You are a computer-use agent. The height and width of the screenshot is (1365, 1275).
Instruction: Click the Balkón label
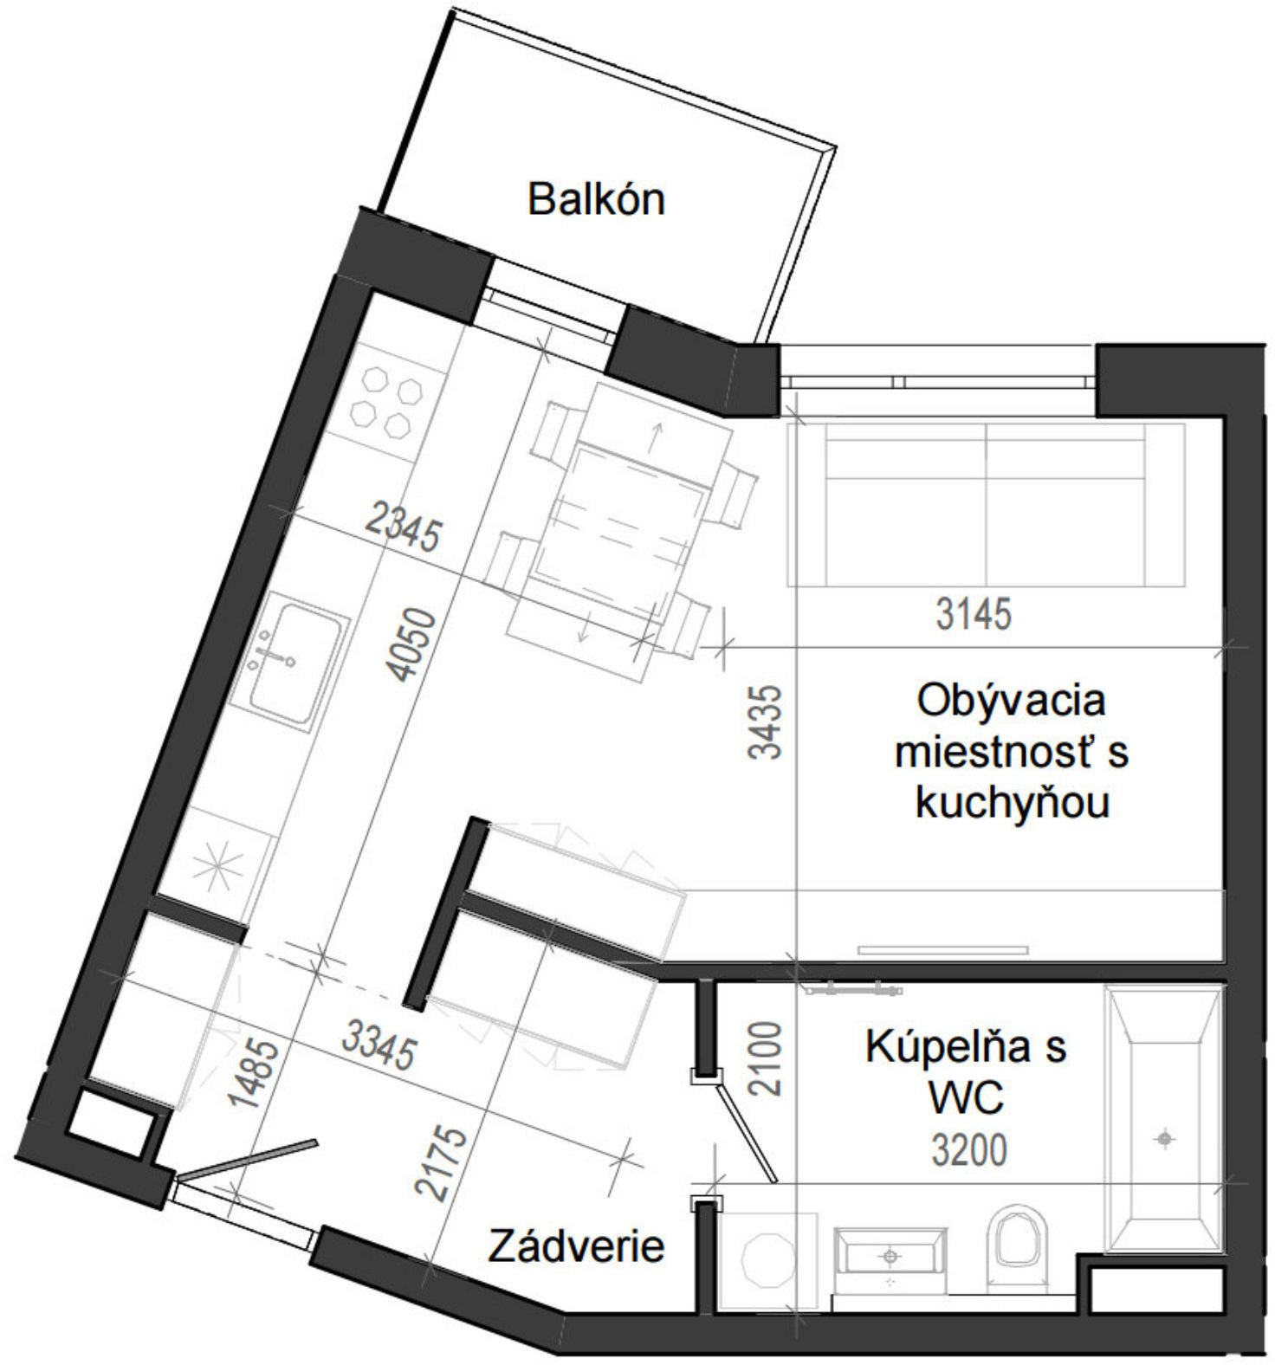coord(596,199)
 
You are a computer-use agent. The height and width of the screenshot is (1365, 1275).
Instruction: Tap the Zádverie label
coord(576,1246)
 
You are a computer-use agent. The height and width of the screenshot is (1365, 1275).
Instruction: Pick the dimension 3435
coord(766,722)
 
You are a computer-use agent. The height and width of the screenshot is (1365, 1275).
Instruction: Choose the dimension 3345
coord(379,1045)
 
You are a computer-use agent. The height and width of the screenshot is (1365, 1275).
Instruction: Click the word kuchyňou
coord(1012,804)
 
